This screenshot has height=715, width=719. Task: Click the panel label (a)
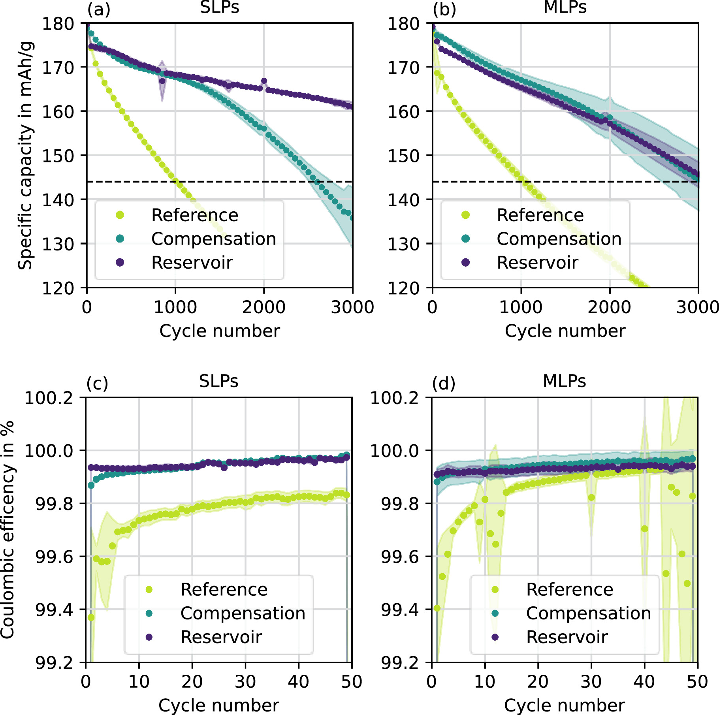coord(99,9)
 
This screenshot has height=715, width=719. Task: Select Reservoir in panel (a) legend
coord(192,263)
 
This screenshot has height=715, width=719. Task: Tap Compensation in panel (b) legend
coord(559,239)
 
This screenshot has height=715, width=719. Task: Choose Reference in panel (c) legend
coord(224,589)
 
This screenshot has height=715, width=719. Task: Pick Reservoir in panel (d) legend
coord(567,637)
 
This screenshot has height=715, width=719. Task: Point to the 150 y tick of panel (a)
coord(58,156)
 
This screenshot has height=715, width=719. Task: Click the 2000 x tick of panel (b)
coord(609,307)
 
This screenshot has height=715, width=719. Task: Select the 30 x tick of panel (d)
coord(591,682)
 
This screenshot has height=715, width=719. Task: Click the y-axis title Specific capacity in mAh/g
coord(25,155)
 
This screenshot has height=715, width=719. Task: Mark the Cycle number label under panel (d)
coord(565,706)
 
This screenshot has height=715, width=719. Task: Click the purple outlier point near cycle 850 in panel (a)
coord(162,81)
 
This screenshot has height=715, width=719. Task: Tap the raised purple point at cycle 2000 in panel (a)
coord(264,81)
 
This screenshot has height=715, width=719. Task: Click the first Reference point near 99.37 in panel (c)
coord(91,617)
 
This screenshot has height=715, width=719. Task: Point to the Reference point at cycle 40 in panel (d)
coord(644,529)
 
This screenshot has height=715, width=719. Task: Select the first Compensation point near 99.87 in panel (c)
coord(91,485)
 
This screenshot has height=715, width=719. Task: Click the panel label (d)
coord(444,384)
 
